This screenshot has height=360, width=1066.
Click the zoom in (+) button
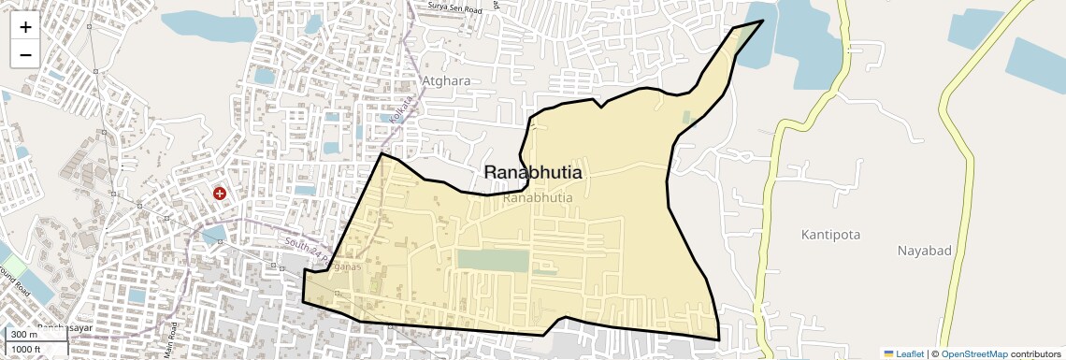click(25, 27)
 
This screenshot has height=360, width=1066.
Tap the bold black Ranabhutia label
click(533, 173)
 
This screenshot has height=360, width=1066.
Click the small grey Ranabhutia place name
click(538, 198)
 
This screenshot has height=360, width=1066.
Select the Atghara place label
click(446, 80)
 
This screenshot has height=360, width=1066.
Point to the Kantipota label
click(830, 234)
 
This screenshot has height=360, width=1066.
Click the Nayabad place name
click(924, 251)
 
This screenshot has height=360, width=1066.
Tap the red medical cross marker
click(220, 194)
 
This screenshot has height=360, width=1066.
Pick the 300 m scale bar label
click(24, 334)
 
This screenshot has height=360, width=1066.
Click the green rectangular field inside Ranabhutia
click(492, 260)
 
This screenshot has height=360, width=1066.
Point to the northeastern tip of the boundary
click(763, 21)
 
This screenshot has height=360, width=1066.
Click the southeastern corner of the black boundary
click(718, 339)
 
